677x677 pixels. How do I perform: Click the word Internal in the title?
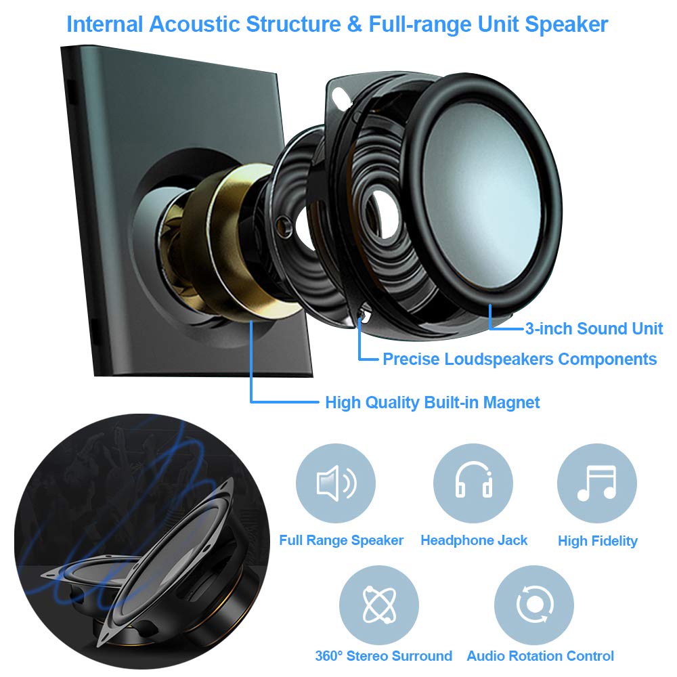tap(105, 24)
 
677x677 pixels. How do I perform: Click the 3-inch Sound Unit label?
tap(594, 329)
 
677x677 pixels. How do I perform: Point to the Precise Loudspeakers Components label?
tap(519, 359)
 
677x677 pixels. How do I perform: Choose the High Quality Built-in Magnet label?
tap(432, 403)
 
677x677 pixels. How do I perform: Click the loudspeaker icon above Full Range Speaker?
tap(336, 483)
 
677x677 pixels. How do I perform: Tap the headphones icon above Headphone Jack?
tap(473, 483)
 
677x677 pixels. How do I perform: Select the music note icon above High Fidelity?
tap(596, 483)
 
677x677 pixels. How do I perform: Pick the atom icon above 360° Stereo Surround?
tap(378, 605)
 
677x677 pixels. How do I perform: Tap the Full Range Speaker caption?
tap(341, 540)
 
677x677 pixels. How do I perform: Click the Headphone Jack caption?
tap(474, 540)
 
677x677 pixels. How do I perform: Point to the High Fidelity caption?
tap(598, 541)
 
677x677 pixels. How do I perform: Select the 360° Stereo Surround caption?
tap(383, 656)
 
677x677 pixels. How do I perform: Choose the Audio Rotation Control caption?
tap(540, 656)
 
